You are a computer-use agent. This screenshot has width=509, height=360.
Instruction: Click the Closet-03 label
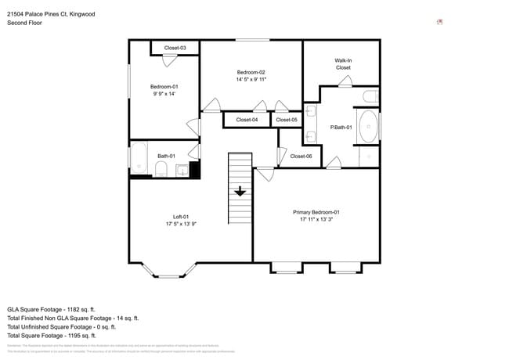(x=175, y=49)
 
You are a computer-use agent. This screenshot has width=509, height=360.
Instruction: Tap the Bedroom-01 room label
(x=164, y=86)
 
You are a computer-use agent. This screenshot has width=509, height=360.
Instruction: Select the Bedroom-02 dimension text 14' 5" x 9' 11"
(x=251, y=79)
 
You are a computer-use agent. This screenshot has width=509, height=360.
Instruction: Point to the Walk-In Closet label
(x=343, y=63)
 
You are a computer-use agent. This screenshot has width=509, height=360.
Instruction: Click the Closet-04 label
(x=247, y=120)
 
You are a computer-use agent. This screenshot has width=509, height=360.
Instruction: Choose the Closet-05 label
(x=287, y=120)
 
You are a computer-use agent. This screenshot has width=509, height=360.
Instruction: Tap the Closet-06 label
(x=301, y=157)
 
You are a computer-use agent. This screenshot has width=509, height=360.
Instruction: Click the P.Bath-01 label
(x=341, y=127)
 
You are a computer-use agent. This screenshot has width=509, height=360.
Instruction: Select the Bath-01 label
(x=166, y=157)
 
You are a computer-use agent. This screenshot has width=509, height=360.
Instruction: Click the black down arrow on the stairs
(x=240, y=190)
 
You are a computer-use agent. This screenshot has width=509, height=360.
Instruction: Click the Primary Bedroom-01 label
(x=316, y=212)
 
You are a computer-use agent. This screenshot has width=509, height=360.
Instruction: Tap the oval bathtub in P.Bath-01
(x=368, y=127)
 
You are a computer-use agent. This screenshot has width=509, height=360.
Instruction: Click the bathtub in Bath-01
(x=139, y=157)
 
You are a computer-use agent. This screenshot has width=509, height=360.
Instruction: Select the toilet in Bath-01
(x=161, y=171)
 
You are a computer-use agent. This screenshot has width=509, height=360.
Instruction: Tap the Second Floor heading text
(x=24, y=23)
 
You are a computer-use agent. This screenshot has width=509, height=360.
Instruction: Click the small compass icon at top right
(x=439, y=22)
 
